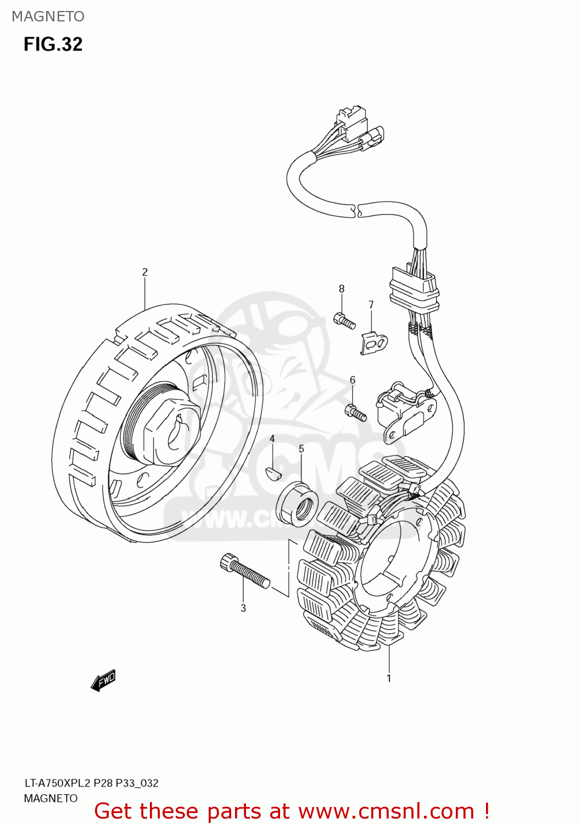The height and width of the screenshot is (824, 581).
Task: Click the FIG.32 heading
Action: tap(53, 44)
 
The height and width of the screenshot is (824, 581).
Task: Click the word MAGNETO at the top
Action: tap(48, 16)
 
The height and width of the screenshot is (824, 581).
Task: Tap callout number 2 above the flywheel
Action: tap(145, 272)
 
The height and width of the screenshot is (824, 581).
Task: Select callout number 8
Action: tap(342, 289)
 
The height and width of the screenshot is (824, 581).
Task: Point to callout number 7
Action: tap(371, 304)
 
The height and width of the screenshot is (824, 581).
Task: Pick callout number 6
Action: tap(353, 380)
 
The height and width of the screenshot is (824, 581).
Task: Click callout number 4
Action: tap(272, 439)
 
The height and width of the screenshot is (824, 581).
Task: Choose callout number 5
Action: tap(301, 449)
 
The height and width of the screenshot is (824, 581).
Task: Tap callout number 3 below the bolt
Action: tap(243, 608)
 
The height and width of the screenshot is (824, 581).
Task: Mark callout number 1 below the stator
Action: tap(389, 678)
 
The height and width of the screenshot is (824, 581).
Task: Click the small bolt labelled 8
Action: tap(344, 320)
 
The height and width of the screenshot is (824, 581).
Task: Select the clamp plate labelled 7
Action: tap(375, 343)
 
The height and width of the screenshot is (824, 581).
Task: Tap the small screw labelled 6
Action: tap(356, 413)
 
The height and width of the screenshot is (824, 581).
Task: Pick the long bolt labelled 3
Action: tap(244, 571)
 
